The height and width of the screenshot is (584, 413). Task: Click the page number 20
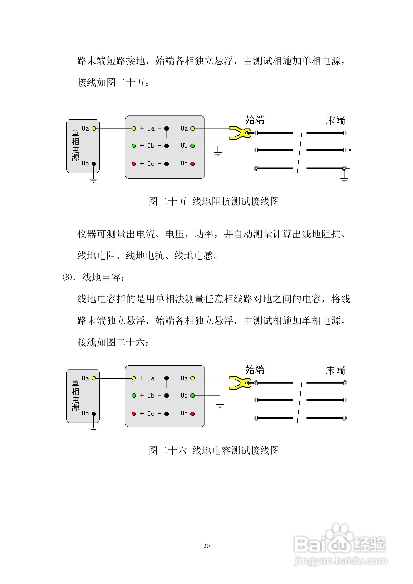pos(206,546)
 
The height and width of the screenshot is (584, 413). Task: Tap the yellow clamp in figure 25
pos(239,133)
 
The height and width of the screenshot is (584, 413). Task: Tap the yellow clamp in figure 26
pos(239,383)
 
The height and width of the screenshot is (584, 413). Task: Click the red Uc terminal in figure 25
pos(193,164)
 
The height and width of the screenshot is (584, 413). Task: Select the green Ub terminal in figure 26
pos(193,396)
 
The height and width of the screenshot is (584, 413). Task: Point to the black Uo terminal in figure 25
pos(94,164)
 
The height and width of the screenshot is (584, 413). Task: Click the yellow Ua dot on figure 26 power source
pos(94,379)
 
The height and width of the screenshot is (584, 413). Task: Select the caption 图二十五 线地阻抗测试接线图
pos(214,201)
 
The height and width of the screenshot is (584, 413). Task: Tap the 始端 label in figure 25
pos(255,120)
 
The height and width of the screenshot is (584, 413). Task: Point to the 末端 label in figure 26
pos(336,370)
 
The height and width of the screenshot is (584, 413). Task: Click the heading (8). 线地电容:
pos(94,277)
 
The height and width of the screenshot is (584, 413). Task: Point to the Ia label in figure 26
pos(151,379)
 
